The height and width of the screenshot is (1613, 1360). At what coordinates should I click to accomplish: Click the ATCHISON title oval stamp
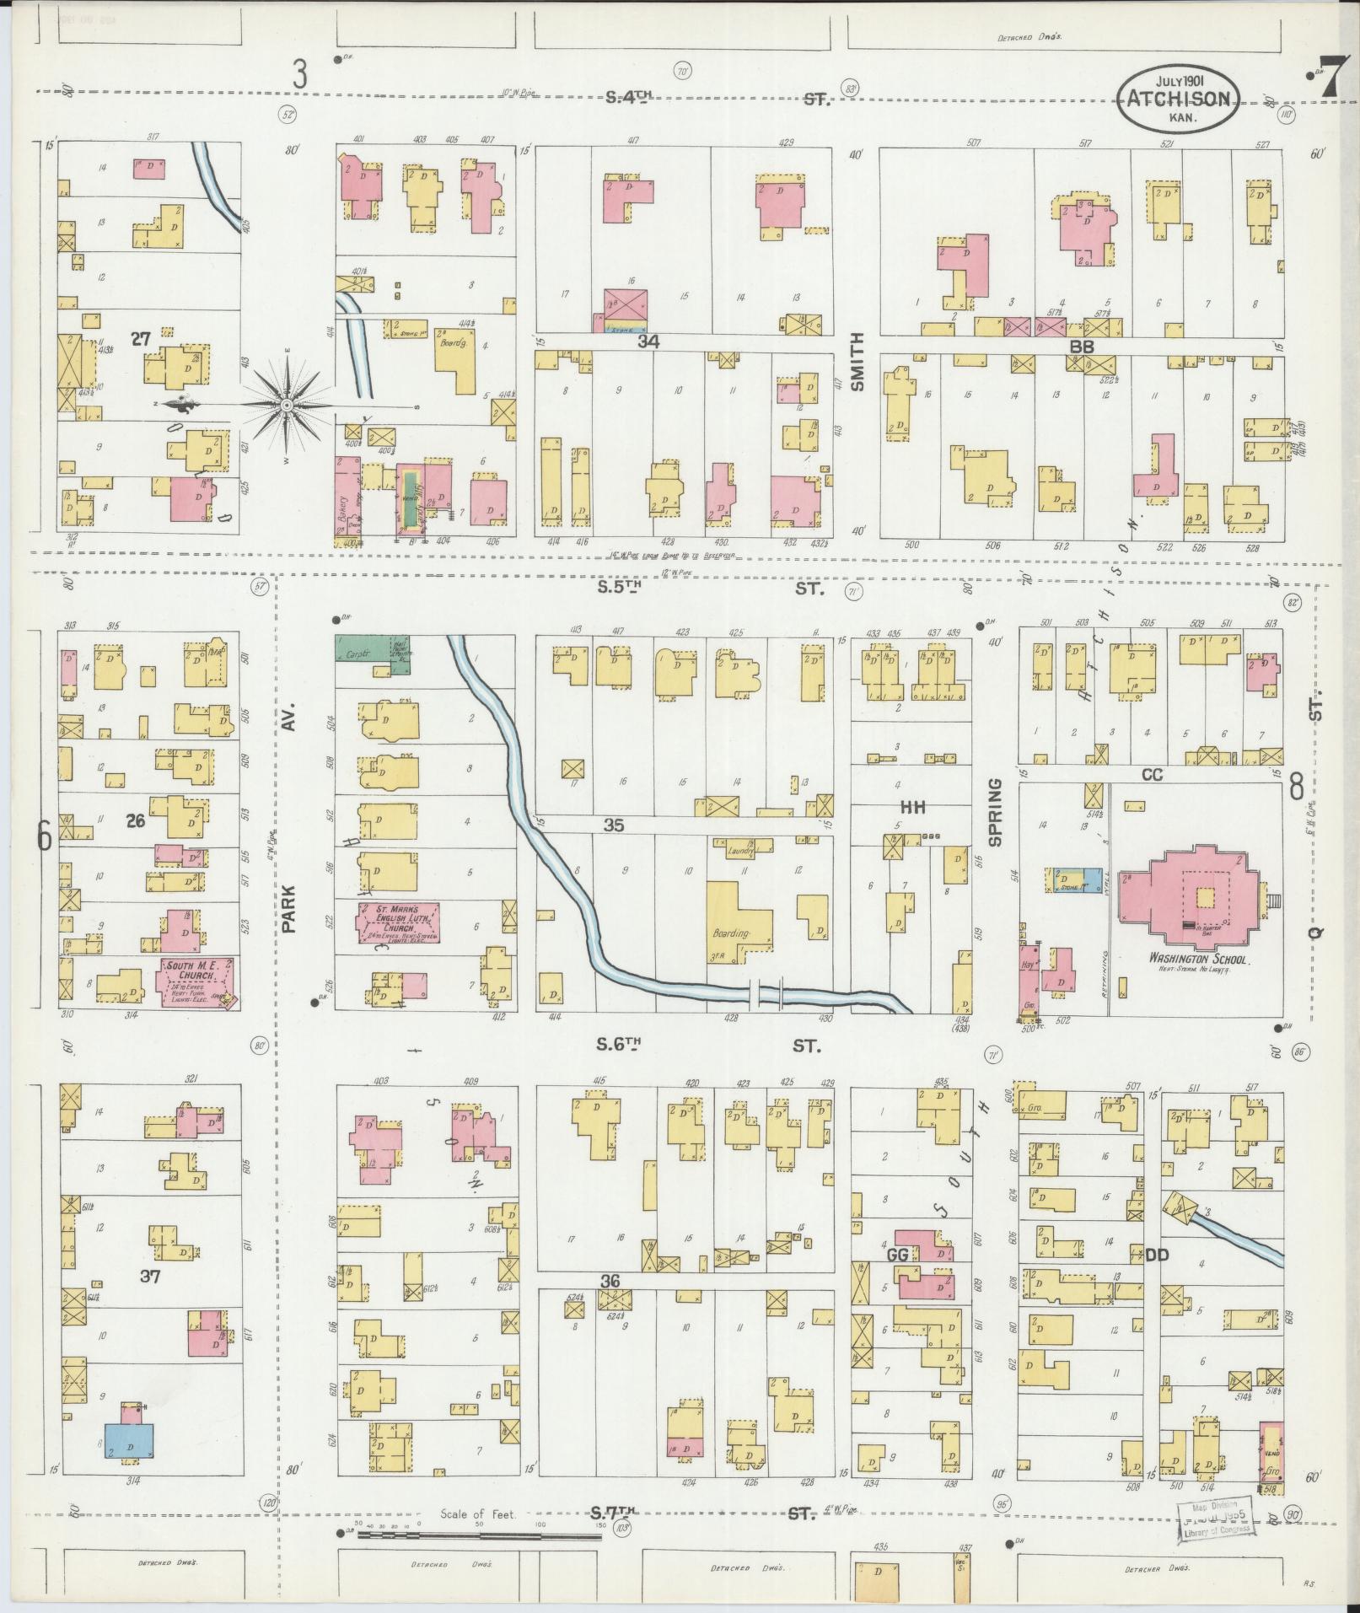pyautogui.click(x=1180, y=99)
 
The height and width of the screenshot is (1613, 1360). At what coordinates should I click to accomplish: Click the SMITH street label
pyautogui.click(x=857, y=361)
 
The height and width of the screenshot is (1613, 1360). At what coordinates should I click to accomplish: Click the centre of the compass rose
pyautogui.click(x=288, y=406)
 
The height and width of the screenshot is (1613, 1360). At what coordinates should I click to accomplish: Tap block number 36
pyautogui.click(x=610, y=1304)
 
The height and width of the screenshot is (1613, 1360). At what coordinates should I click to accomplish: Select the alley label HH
pyautogui.click(x=913, y=807)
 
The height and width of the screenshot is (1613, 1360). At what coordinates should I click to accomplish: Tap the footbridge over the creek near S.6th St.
pyautogui.click(x=768, y=995)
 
